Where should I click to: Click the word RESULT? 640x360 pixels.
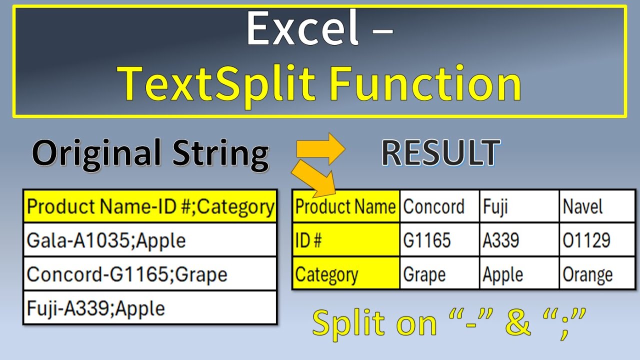click(440, 153)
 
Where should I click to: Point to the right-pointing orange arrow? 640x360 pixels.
click(320, 149)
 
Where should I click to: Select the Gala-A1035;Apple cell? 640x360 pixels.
click(150, 240)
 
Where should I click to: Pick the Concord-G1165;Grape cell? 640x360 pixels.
click(150, 274)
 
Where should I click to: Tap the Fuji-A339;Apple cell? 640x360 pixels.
click(150, 308)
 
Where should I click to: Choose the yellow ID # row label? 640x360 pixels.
click(346, 240)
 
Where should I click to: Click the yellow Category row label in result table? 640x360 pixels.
click(346, 274)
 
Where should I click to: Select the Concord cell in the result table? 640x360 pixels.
click(439, 206)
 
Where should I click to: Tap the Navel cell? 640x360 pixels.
click(597, 206)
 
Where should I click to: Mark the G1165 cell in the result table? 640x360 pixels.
click(439, 240)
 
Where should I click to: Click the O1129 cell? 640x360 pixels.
click(597, 240)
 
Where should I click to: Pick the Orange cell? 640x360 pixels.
click(597, 274)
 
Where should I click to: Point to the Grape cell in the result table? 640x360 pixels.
click(439, 274)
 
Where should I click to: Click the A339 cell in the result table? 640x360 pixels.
click(519, 240)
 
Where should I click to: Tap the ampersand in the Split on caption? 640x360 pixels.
click(518, 323)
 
